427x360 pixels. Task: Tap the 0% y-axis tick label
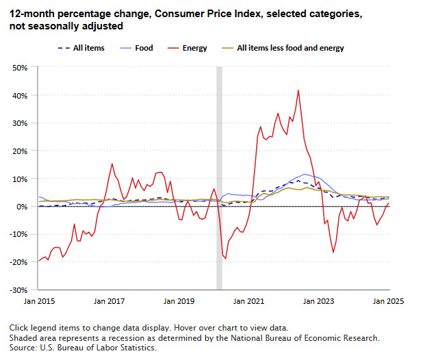(21, 207)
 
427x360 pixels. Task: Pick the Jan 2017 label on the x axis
(108, 300)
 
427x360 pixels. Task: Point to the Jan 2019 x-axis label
(179, 300)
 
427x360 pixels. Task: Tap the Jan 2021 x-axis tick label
(250, 300)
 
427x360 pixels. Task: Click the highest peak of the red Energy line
(298, 90)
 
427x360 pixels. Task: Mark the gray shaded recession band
(220, 178)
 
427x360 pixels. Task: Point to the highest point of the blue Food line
(304, 174)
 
